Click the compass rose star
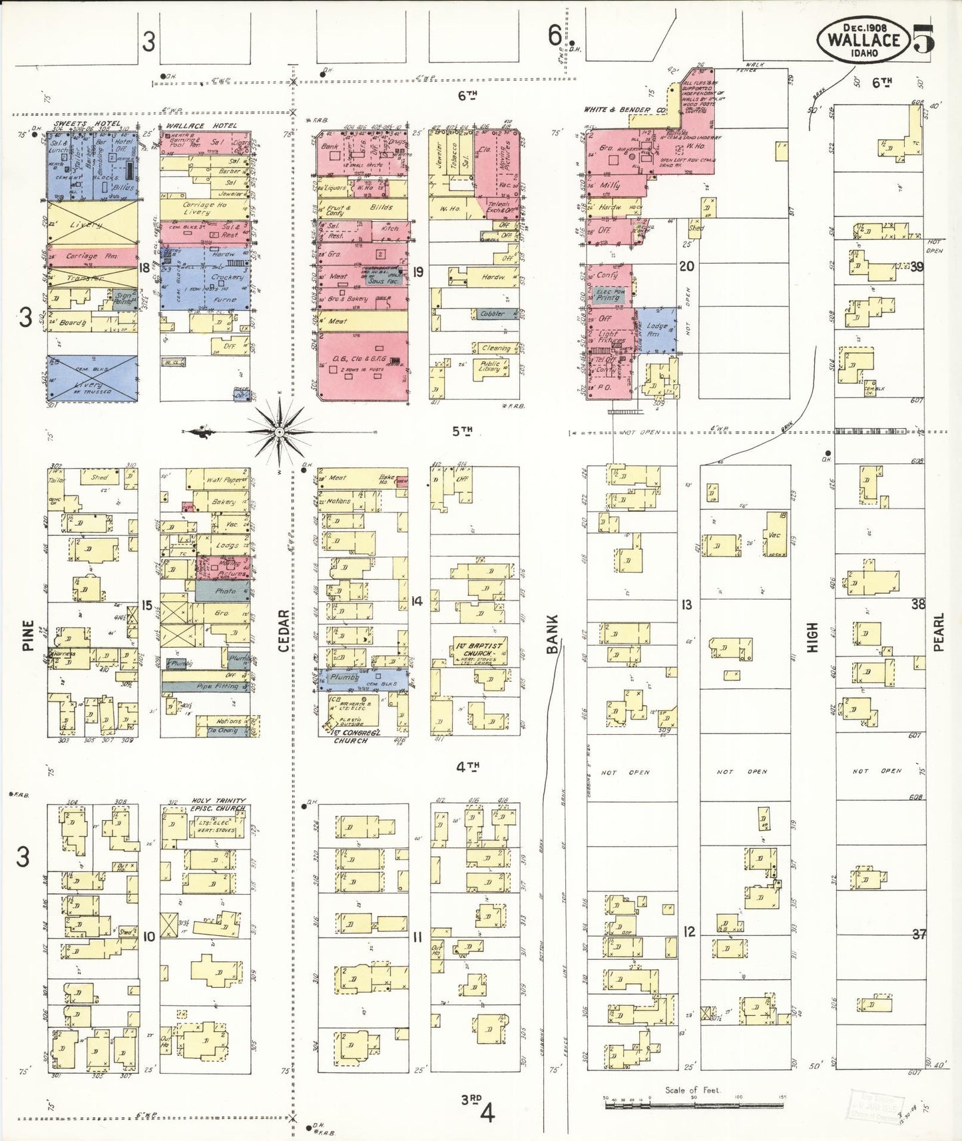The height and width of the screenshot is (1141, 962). (280, 433)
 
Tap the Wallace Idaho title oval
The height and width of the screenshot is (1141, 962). (863, 39)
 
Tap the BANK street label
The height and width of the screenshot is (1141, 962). (553, 633)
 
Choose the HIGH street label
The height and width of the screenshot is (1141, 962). (812, 636)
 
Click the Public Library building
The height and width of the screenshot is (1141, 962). (489, 367)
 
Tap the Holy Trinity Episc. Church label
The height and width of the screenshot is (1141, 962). (218, 804)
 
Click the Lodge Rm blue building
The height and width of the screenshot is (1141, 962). (656, 330)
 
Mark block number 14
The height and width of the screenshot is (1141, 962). (417, 601)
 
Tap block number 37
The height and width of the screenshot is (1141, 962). (919, 934)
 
